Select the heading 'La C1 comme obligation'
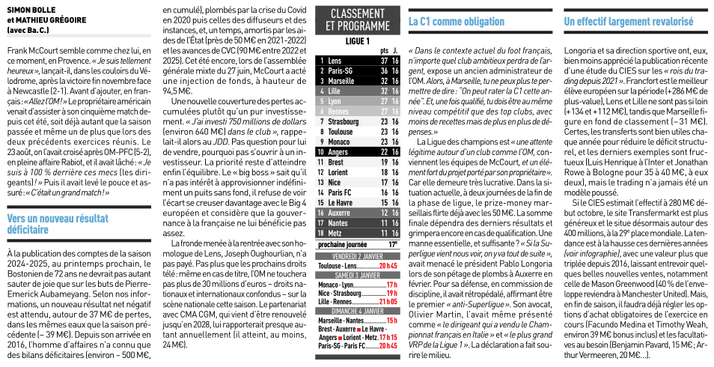coord(457,22)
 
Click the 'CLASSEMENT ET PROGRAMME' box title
coord(357,20)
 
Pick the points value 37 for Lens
coord(383,60)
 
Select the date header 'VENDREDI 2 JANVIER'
coord(356,256)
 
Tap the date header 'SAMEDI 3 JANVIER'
coord(356,276)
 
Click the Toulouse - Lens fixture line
coord(357,265)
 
